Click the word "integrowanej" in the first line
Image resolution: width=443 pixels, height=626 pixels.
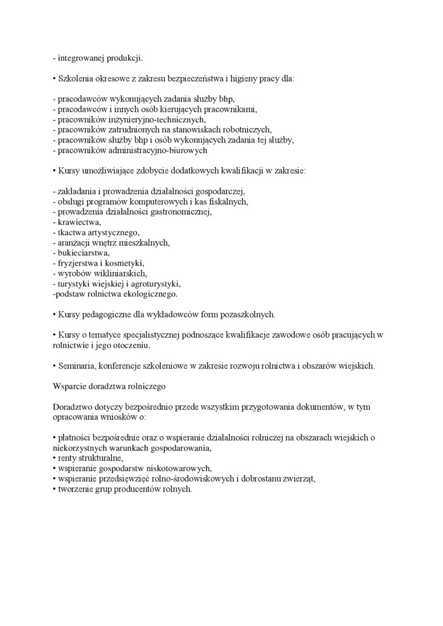click(x=81, y=58)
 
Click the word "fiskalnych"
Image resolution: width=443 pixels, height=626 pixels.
click(x=229, y=201)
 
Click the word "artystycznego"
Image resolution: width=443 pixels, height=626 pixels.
click(x=114, y=232)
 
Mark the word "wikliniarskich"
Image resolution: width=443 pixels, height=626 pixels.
click(x=121, y=274)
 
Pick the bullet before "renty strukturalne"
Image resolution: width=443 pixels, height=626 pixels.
click(x=54, y=458)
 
